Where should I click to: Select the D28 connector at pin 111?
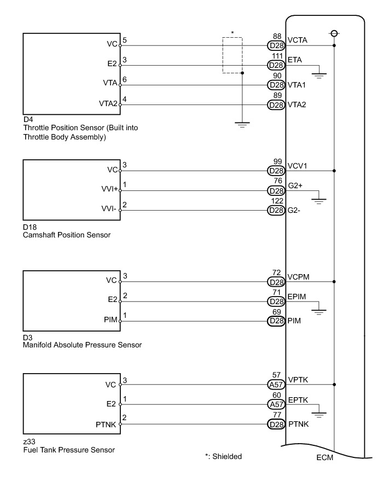pos(275,66)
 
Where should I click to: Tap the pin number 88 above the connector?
pos(277,37)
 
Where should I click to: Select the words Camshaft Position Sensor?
pos(67,235)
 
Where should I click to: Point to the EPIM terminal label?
pos(297,297)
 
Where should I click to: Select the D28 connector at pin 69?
pos(275,321)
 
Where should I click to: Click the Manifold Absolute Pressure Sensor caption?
pos(82,345)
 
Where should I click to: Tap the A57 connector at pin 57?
pos(275,385)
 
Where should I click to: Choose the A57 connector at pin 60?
pos(275,404)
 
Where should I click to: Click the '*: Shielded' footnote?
pos(223,456)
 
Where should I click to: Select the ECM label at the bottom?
pos(325,458)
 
